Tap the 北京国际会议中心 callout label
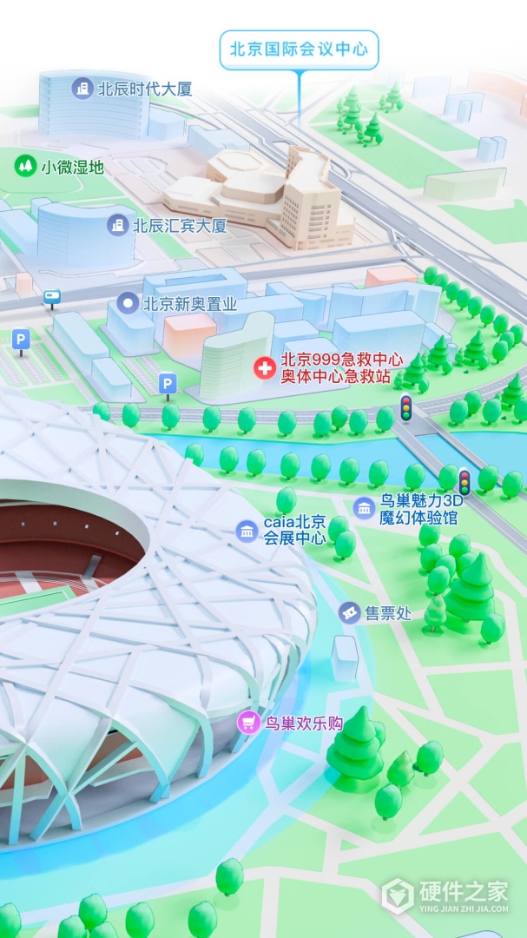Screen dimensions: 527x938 (x=299, y=50)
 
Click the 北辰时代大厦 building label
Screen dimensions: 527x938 (x=144, y=89)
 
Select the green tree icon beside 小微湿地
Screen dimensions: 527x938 (x=25, y=164)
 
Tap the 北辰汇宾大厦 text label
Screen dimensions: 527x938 (x=180, y=226)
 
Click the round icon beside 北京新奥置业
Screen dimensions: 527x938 (x=128, y=303)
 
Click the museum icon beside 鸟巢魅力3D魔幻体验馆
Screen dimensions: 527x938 (x=365, y=508)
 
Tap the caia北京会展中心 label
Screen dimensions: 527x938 (x=296, y=530)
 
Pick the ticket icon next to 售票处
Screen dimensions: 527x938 (x=349, y=613)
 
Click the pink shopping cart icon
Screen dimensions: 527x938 (x=249, y=722)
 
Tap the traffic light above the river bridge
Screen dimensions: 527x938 (x=405, y=407)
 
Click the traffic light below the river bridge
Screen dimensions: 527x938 (x=464, y=481)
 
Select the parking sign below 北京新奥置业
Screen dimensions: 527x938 (x=168, y=384)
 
